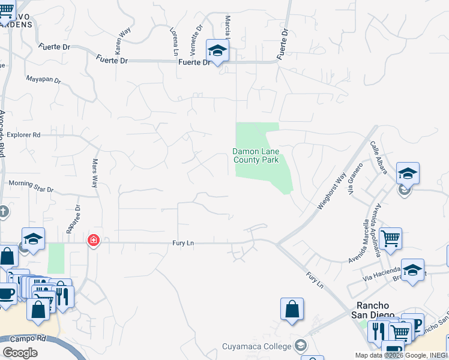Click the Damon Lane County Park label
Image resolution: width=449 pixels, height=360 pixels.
255,156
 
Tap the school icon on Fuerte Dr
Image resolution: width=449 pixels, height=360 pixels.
217,50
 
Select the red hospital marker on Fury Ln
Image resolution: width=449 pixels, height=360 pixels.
94,241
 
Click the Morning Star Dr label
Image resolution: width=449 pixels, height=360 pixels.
31,186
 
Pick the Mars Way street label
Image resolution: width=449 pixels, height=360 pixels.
94,173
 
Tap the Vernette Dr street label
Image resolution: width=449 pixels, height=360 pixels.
196,37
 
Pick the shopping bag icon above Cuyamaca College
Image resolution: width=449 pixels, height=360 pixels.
292,309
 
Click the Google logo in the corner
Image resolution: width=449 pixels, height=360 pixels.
20,352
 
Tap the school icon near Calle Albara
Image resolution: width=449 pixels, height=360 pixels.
408,174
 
